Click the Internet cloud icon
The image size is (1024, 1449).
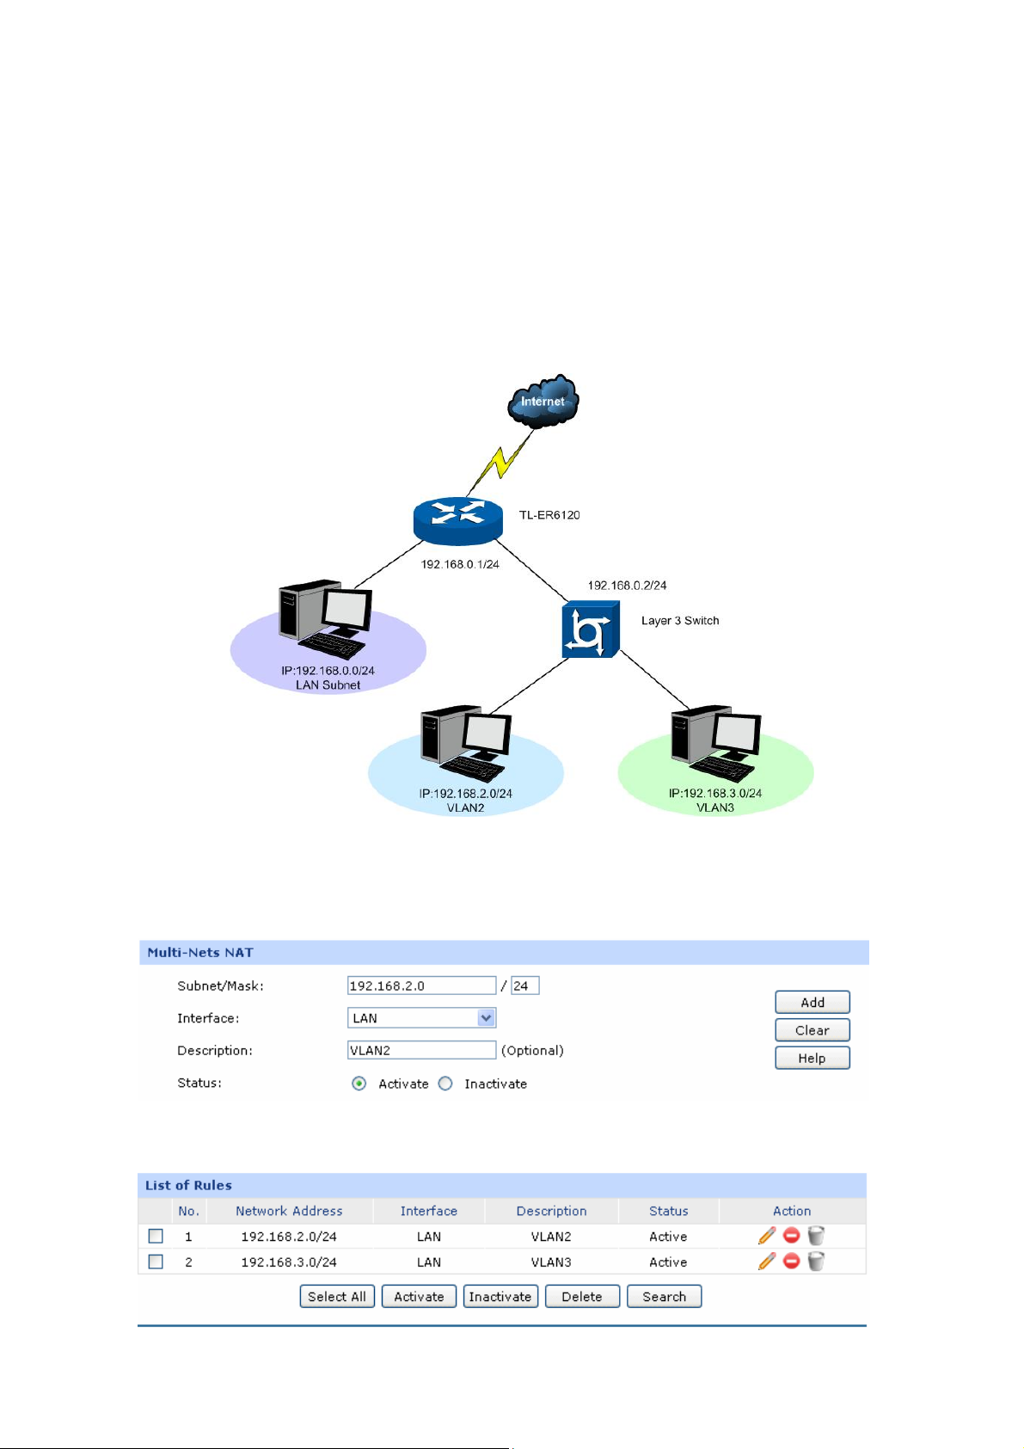click(543, 401)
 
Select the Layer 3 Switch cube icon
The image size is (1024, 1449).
click(590, 629)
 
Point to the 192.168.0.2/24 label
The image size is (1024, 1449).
click(627, 586)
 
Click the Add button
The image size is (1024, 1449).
click(812, 1003)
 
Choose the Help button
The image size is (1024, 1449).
click(812, 1059)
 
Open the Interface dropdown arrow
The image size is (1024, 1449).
click(487, 1018)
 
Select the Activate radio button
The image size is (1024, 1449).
click(359, 1084)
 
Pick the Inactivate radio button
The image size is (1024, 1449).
click(445, 1084)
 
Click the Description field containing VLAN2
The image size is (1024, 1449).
click(421, 1050)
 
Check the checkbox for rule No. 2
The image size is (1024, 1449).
click(156, 1262)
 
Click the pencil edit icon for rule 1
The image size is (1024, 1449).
click(766, 1236)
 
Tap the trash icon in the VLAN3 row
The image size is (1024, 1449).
click(816, 1262)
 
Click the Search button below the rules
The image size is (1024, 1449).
click(664, 1297)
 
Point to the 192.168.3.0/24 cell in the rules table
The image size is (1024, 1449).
click(289, 1262)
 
